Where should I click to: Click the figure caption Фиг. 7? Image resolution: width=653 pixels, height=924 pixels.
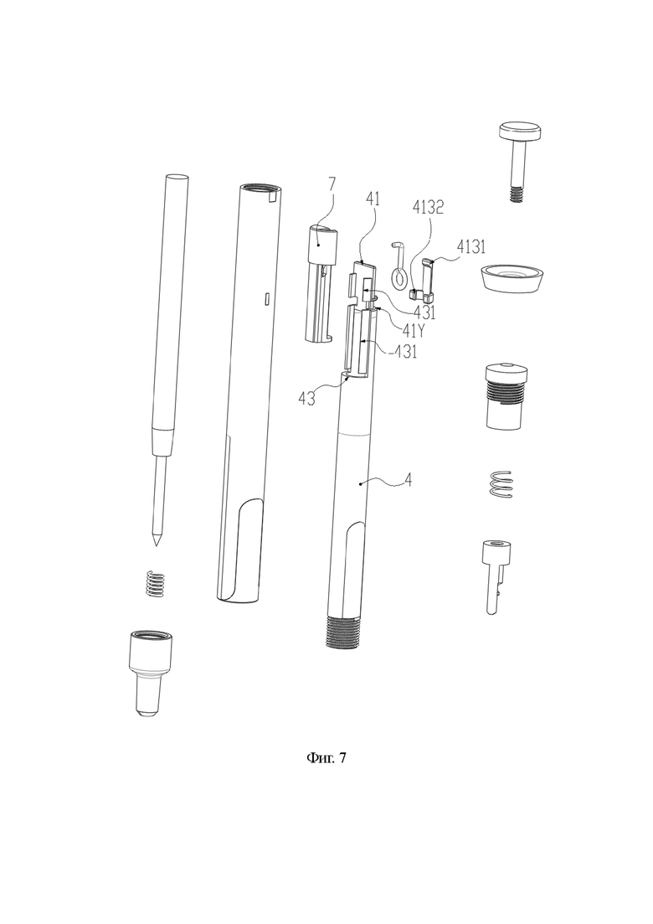coord(326,757)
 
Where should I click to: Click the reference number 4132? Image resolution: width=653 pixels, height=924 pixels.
coord(428,208)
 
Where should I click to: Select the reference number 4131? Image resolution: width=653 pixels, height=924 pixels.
coord(470,246)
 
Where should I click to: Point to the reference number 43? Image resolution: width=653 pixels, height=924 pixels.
coord(306,399)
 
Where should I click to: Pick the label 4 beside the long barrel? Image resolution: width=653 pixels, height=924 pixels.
coord(408,480)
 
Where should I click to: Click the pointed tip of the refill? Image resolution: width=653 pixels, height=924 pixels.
coord(156,543)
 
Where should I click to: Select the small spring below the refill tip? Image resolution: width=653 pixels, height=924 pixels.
coord(154,583)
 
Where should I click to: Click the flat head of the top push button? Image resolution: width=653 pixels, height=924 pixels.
coord(521,131)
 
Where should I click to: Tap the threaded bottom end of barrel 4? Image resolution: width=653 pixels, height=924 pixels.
coord(342,632)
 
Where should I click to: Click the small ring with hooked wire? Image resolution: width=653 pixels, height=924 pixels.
coord(400,265)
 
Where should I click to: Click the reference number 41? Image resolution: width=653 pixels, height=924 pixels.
coord(373,199)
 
